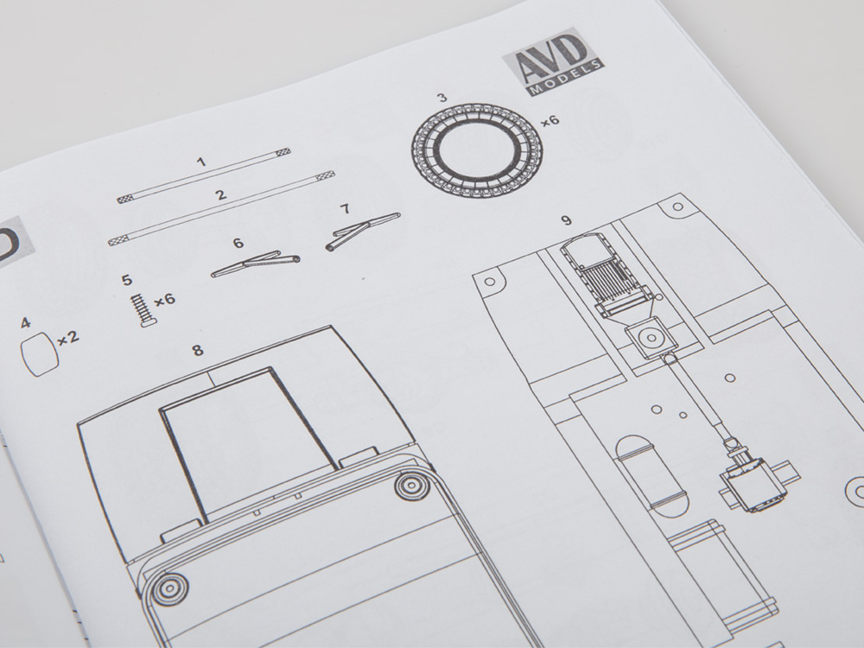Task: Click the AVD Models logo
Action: point(554,61)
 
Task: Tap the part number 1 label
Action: point(201,162)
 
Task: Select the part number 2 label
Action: point(221,194)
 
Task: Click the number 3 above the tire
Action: point(442,98)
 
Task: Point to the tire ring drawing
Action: point(477,148)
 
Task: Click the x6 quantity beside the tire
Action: point(550,119)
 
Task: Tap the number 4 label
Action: point(25,322)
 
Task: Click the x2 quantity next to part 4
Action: point(68,337)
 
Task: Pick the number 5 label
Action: point(127,280)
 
